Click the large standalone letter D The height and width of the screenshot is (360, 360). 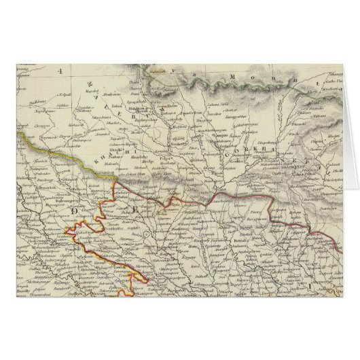(72, 213)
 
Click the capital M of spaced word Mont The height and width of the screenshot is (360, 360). (233, 77)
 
